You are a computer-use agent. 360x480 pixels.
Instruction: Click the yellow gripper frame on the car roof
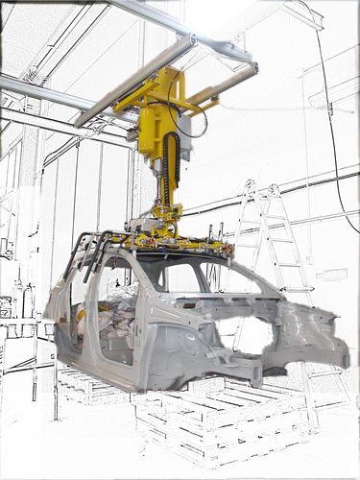tap(182, 240)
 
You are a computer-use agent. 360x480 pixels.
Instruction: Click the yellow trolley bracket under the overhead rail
tap(158, 91)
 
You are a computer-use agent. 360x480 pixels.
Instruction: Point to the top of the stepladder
tap(251, 184)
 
